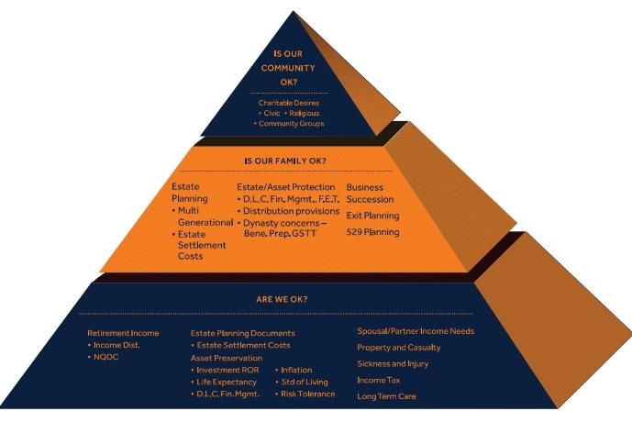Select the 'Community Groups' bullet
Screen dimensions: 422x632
(292, 123)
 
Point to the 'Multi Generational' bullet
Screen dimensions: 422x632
(203, 217)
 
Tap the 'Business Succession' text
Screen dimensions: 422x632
(370, 193)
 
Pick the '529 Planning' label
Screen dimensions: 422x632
(372, 232)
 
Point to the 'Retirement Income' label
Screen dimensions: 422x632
(123, 333)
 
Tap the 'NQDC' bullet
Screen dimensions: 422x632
(110, 357)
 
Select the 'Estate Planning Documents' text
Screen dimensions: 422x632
(242, 333)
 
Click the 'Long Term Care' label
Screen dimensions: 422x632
(387, 395)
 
